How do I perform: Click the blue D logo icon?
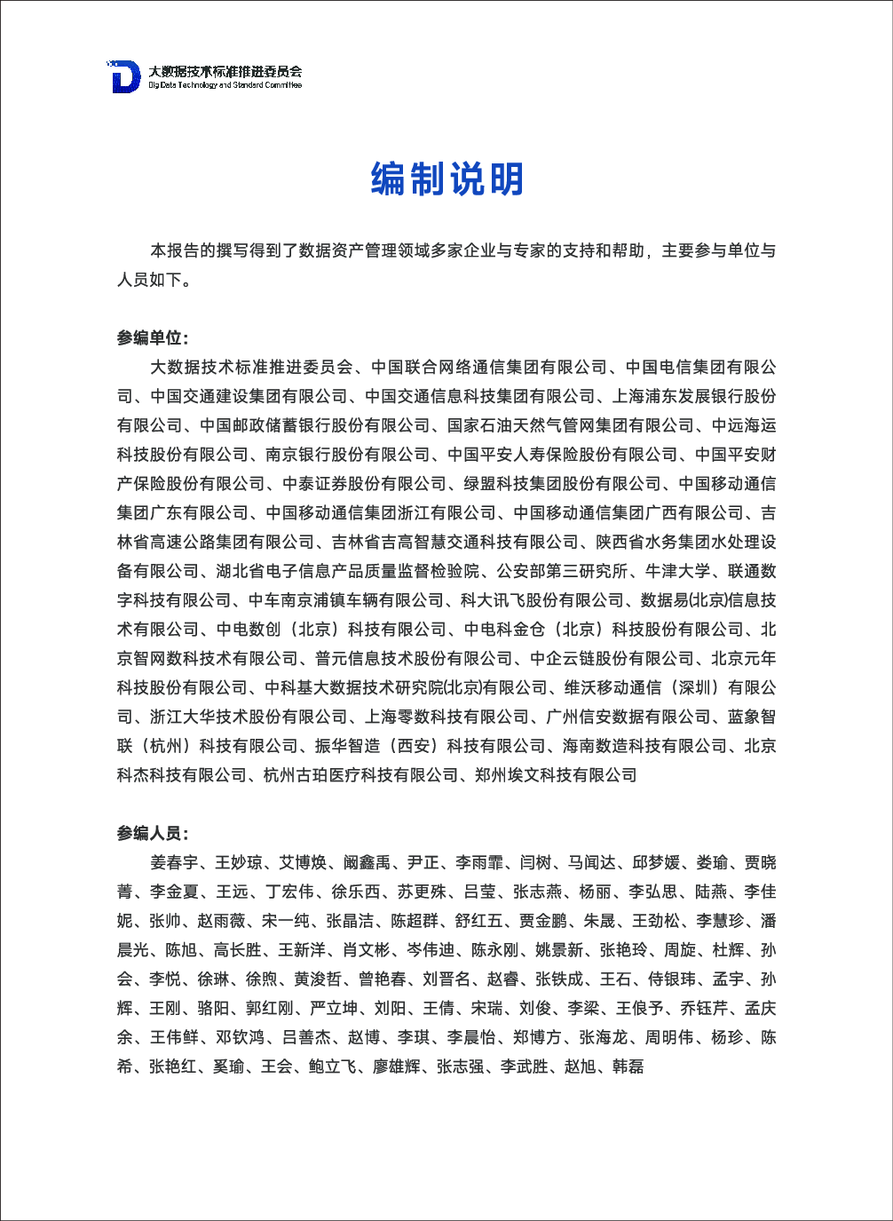[125, 77]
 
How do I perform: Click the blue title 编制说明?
[446, 179]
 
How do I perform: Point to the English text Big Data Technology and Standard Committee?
[225, 85]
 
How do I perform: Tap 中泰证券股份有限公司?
[365, 484]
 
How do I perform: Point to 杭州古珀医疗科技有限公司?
[360, 775]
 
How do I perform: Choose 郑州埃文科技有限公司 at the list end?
[556, 775]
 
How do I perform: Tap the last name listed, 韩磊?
[628, 1066]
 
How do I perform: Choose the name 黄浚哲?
[318, 979]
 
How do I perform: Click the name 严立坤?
[334, 1009]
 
